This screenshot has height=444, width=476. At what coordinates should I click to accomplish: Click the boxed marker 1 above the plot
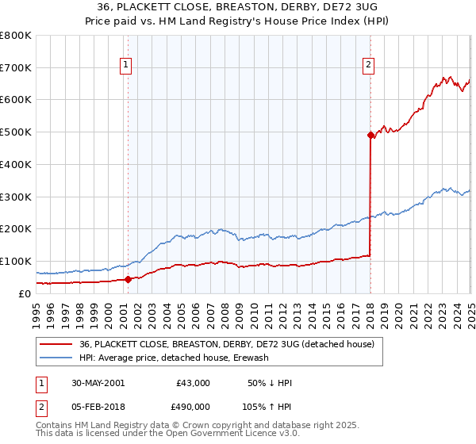127,66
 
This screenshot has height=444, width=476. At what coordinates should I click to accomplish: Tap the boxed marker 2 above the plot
370,66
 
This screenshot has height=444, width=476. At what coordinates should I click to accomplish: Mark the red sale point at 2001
128,279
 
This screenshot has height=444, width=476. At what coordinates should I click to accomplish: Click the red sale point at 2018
370,135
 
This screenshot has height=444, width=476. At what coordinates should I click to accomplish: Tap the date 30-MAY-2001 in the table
98,383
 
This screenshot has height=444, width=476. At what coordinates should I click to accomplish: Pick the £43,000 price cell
193,383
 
